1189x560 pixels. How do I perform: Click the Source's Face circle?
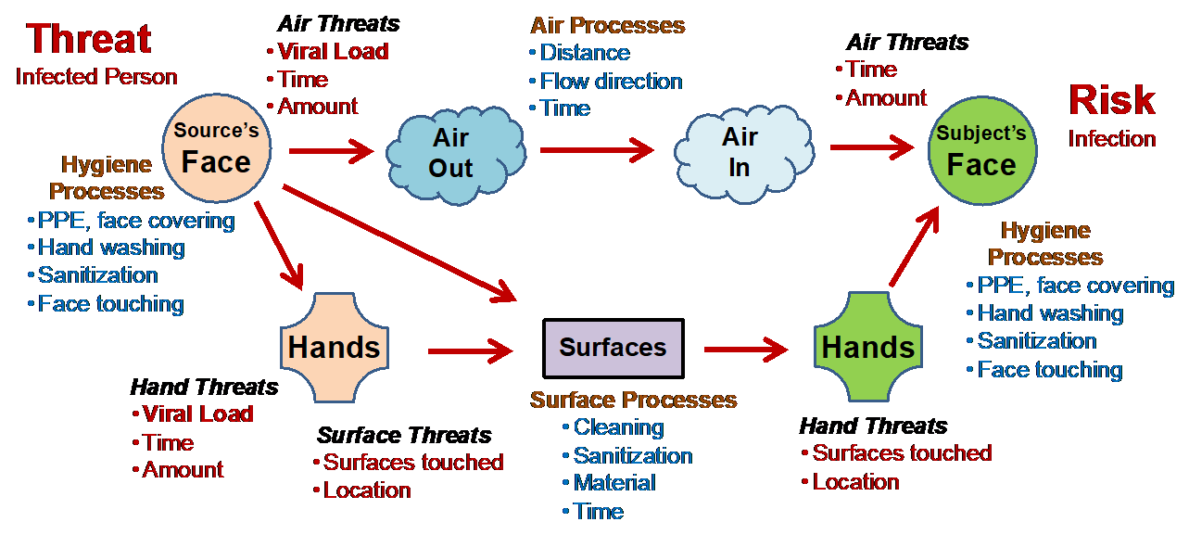pyautogui.click(x=216, y=149)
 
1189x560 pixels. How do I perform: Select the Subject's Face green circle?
pyautogui.click(x=981, y=152)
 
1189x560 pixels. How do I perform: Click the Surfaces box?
pyautogui.click(x=613, y=348)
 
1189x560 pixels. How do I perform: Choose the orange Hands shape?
pyautogui.click(x=334, y=348)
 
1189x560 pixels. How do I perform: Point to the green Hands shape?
pyautogui.click(x=867, y=348)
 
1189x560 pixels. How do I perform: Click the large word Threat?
pyautogui.click(x=89, y=40)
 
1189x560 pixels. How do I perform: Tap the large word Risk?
pyautogui.click(x=1112, y=100)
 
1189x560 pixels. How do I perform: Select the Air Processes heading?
pyautogui.click(x=608, y=25)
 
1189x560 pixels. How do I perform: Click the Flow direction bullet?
pyautogui.click(x=611, y=81)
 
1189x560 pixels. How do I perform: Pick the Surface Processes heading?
pyautogui.click(x=634, y=400)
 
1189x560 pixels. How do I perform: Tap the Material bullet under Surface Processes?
pyautogui.click(x=613, y=483)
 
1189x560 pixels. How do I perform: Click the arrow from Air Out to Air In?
pyautogui.click(x=597, y=148)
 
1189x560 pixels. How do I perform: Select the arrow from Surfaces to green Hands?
pyautogui.click(x=745, y=350)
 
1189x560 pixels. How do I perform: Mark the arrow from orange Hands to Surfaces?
pyautogui.click(x=470, y=350)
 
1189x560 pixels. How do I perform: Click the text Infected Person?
pyautogui.click(x=96, y=76)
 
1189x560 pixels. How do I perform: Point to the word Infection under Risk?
pyautogui.click(x=1112, y=139)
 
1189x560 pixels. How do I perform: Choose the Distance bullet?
pyautogui.click(x=584, y=53)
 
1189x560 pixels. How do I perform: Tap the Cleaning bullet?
pyautogui.click(x=618, y=427)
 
